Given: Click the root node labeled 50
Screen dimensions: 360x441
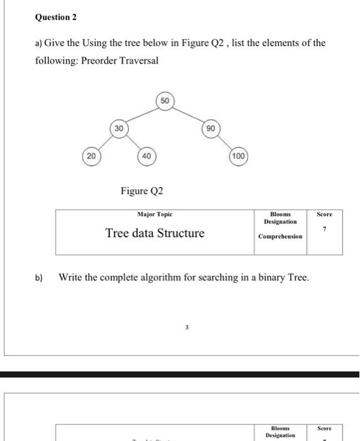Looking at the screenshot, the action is click(164, 101).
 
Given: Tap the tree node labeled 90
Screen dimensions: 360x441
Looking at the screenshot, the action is click(210, 128).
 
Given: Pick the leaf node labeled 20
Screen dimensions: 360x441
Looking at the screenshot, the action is click(92, 155).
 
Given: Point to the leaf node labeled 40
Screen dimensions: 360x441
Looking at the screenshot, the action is click(145, 155).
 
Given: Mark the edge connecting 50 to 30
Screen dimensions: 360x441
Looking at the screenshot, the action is click(141, 115).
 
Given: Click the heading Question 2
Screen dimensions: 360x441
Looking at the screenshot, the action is click(55, 18).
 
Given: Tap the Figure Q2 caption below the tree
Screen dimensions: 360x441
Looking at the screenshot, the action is click(142, 190).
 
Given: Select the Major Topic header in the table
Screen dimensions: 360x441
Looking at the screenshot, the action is click(154, 214).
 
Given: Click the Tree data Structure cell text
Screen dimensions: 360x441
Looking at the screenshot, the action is click(155, 234).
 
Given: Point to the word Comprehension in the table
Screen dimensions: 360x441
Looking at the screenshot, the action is click(280, 237).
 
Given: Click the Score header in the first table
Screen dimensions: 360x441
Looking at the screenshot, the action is click(325, 214).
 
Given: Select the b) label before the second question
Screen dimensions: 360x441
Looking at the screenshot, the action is click(39, 277).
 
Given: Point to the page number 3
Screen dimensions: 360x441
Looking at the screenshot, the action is click(186, 327).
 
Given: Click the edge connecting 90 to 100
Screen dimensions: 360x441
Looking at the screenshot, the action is click(224, 142).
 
